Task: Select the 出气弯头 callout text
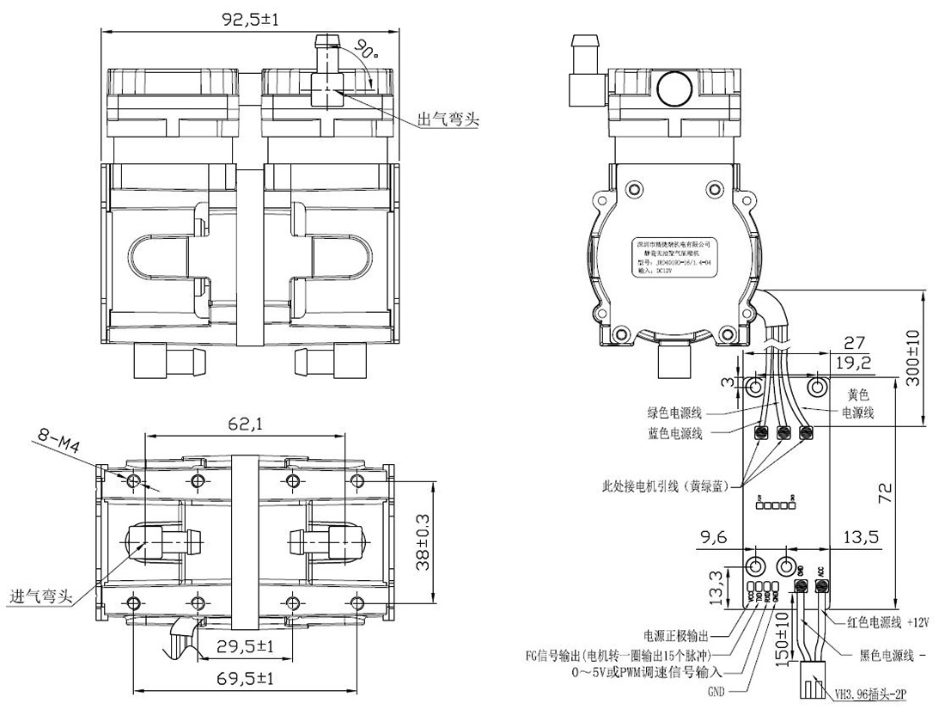click(447, 119)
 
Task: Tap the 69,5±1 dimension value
click(246, 679)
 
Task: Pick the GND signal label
click(717, 689)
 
